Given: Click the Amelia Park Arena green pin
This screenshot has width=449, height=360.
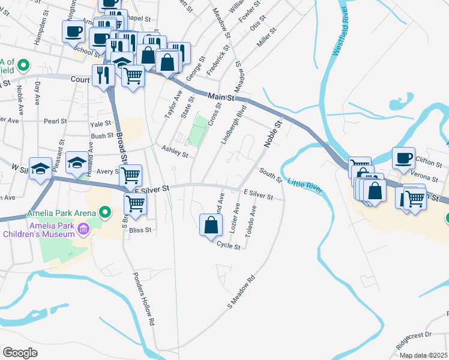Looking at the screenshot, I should (106, 212).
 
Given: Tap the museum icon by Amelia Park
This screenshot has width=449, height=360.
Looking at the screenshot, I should (84, 228).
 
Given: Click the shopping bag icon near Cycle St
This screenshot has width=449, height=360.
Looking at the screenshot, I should (211, 226).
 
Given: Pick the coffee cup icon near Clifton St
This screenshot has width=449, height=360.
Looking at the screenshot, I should (404, 158).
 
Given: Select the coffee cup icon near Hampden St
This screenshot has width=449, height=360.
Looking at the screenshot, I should (74, 31).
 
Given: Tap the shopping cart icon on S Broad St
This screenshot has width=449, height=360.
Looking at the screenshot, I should (135, 203).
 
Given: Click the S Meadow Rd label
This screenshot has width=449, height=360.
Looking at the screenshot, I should (241, 292).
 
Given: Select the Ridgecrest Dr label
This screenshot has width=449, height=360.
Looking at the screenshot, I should (414, 342).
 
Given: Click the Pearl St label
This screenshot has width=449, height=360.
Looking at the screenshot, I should (55, 121).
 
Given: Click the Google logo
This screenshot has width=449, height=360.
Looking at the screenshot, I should (20, 353).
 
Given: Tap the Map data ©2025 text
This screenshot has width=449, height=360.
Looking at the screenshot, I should (423, 355).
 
